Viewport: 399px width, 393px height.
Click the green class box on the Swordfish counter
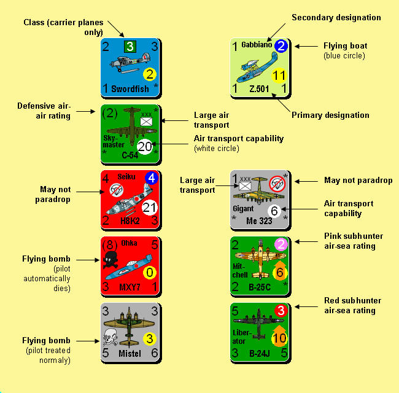tap(130, 46)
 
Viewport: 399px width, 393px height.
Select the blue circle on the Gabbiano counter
tap(281, 45)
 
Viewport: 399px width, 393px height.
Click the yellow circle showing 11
tap(279, 76)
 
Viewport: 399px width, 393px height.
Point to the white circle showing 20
tap(145, 147)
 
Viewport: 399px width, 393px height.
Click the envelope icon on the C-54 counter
tap(146, 122)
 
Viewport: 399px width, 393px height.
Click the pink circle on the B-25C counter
tap(281, 244)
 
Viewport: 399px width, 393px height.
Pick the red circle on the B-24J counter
tap(281, 311)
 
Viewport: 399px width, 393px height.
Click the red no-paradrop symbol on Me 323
tap(277, 184)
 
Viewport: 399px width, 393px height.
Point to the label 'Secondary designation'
tap(336, 18)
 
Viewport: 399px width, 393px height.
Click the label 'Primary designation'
tap(330, 115)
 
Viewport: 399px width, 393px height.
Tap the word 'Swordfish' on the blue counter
tap(130, 89)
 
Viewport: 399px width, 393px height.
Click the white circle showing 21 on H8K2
tap(150, 208)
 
